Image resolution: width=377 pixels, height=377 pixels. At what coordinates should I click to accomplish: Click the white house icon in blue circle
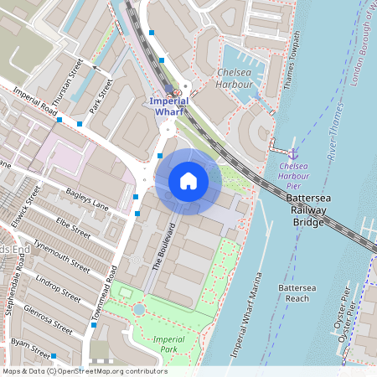[188, 181]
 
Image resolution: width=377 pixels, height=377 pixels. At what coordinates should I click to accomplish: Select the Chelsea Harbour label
[235, 79]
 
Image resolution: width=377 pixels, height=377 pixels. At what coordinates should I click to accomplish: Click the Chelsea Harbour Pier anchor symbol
[293, 154]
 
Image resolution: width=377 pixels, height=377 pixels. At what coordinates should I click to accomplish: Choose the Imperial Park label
[168, 343]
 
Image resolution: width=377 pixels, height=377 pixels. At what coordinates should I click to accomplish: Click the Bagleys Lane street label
[87, 199]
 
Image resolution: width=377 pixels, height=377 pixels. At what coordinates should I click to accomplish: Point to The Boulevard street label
[163, 245]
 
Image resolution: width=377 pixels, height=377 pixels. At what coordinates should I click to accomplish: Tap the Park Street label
[101, 96]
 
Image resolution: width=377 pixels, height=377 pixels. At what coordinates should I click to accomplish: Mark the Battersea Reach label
[297, 292]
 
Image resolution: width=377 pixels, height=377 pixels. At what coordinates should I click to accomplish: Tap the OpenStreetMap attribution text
[84, 371]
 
